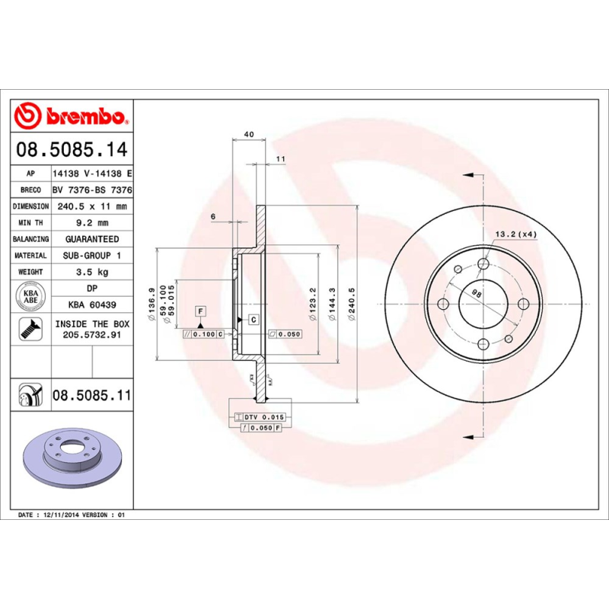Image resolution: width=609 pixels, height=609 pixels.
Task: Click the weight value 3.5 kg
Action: click(92, 272)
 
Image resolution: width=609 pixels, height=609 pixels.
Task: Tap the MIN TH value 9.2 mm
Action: click(92, 223)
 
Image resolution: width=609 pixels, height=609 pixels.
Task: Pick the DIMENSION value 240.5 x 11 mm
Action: click(92, 206)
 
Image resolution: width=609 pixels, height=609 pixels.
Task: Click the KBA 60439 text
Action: click(92, 305)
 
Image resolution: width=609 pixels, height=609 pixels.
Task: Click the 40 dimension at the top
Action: click(248, 135)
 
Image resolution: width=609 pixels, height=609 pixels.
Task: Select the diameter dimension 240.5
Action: click(352, 304)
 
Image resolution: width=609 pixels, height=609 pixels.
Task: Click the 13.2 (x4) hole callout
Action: click(517, 234)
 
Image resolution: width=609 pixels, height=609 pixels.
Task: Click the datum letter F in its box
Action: click(200, 311)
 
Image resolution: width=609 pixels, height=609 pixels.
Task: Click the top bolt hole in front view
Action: click(484, 264)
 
